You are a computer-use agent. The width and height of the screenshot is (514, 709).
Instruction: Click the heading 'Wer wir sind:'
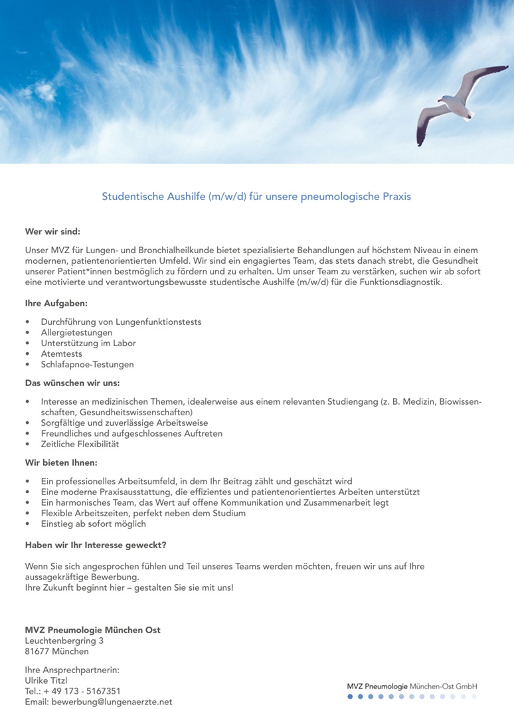[x=52, y=232]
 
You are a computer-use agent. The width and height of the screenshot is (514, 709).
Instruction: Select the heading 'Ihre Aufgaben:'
[x=56, y=304]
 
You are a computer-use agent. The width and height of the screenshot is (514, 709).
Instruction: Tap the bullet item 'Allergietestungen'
[x=76, y=332]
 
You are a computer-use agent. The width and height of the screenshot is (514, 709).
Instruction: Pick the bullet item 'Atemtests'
[x=62, y=354]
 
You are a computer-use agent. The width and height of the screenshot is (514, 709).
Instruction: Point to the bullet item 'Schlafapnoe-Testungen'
[x=87, y=364]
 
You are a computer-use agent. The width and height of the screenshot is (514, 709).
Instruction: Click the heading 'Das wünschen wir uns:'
[x=72, y=383]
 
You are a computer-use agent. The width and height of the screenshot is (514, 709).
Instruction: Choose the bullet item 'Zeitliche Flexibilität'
[x=80, y=444]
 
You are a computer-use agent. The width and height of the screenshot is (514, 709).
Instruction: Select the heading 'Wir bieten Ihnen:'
[x=61, y=462]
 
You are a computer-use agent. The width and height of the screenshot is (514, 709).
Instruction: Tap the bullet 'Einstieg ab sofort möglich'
[x=93, y=524]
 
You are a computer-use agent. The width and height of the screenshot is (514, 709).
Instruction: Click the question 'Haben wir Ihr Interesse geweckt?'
[x=95, y=545]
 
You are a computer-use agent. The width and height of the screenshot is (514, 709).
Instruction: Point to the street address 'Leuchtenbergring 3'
[x=64, y=641]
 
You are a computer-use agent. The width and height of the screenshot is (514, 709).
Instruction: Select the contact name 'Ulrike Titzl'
[x=50, y=680]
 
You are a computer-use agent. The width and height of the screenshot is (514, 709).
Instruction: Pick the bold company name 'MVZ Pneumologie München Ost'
[x=92, y=630]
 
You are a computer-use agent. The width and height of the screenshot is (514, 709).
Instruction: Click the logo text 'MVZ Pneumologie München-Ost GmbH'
[x=412, y=686]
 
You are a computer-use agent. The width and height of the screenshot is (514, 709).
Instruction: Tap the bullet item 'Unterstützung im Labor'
[x=88, y=343]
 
